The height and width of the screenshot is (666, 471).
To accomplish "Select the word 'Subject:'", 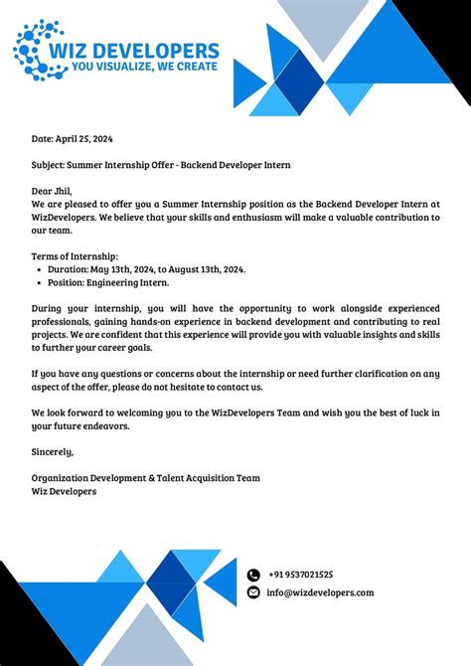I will (51, 165).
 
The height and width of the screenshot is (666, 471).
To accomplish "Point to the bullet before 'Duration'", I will (38, 269).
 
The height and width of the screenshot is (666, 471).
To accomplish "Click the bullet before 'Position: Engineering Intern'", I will (38, 282).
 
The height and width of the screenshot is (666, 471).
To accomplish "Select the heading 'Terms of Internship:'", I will (75, 256).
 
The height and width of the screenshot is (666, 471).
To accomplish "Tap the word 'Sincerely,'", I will (53, 451).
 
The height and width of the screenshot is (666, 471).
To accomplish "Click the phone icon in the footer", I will (253, 575).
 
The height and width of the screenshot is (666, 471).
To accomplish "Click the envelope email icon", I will (253, 593).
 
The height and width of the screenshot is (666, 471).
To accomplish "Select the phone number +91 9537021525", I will (300, 575).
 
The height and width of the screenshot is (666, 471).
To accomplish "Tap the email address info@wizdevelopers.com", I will (320, 593).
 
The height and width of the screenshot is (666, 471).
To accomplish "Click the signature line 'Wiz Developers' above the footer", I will (64, 491).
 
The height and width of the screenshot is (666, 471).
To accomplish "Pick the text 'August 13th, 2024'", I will (206, 269).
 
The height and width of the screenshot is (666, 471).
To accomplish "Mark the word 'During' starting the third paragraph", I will (47, 308).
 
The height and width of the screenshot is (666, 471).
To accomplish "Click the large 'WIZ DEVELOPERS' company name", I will (145, 50).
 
